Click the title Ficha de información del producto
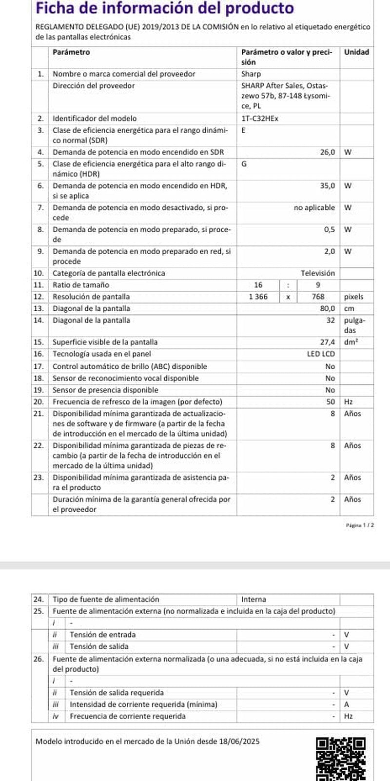pyautogui.click(x=165, y=8)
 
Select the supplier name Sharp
pyautogui.click(x=251, y=74)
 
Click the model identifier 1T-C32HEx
pyautogui.click(x=260, y=119)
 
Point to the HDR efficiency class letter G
pyautogui.click(x=244, y=164)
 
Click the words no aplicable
pyautogui.click(x=314, y=208)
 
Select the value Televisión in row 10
pyautogui.click(x=318, y=273)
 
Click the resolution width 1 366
pyautogui.click(x=258, y=297)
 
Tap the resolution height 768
pyautogui.click(x=318, y=297)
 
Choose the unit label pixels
pyautogui.click(x=353, y=297)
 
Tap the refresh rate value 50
pyautogui.click(x=331, y=402)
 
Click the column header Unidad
pyautogui.click(x=356, y=52)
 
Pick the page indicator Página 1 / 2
pyautogui.click(x=360, y=525)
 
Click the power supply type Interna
pyautogui.click(x=253, y=599)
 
